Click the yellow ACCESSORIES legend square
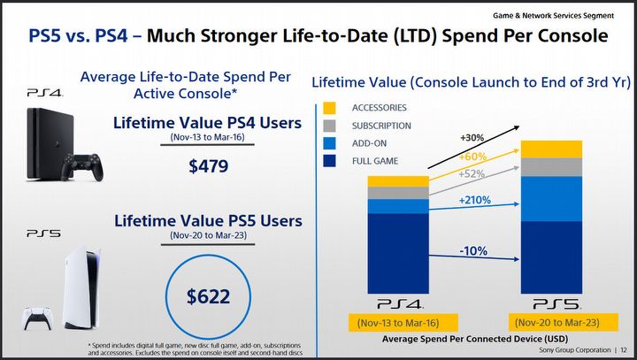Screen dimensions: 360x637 [329, 107]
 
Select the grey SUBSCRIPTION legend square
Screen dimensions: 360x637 [329, 126]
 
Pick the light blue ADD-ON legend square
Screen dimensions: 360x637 [329, 143]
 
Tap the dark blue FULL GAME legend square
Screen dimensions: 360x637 [329, 161]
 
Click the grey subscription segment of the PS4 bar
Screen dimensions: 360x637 [398, 193]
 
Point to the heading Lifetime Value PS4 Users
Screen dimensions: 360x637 [208, 124]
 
